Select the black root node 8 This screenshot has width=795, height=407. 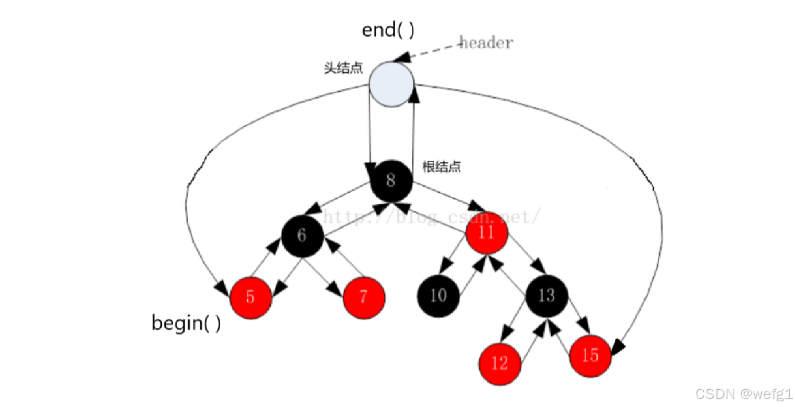coord(391,181)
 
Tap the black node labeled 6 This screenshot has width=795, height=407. coord(302,236)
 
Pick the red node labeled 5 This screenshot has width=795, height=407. coord(251,298)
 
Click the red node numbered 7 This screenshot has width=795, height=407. coord(364,297)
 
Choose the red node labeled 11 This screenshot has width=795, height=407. coord(487,233)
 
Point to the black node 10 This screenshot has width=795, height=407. coord(438,295)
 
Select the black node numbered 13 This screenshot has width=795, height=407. coord(547,295)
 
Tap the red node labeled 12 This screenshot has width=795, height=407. coord(500,363)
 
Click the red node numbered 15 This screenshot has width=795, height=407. coord(590,355)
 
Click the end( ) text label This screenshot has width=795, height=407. coord(388,30)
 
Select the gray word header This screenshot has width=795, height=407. coord(486,42)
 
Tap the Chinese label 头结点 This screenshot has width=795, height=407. coord(343,68)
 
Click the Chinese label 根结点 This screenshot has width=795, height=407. coord(442,167)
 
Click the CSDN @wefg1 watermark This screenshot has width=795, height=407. coord(743,394)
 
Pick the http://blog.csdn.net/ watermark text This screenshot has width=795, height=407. coord(430,216)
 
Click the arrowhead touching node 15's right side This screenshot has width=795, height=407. coord(618,346)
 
